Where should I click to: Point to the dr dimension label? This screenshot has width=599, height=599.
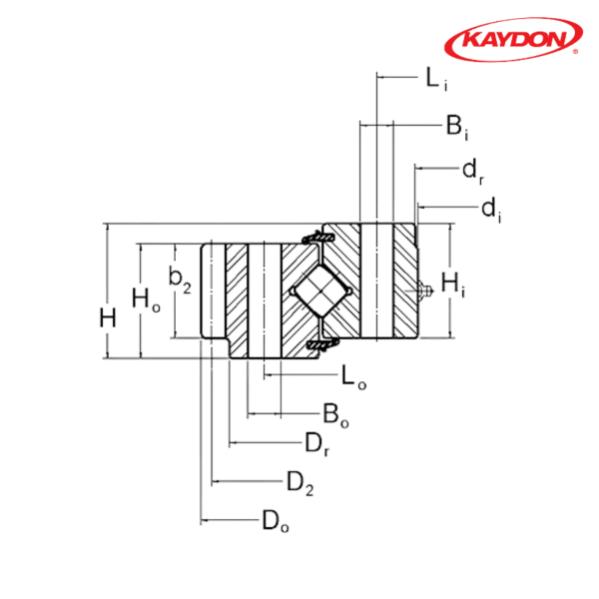pyautogui.click(x=473, y=170)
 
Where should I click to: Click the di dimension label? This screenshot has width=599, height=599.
pyautogui.click(x=489, y=209)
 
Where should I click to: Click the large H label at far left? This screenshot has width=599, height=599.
pyautogui.click(x=108, y=318)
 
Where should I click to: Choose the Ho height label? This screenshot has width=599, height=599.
pyautogui.click(x=146, y=297)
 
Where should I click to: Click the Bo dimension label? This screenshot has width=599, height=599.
pyautogui.click(x=333, y=411)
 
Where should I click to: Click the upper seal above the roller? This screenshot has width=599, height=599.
pyautogui.click(x=316, y=239)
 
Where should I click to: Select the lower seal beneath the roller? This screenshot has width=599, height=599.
pyautogui.click(x=318, y=344)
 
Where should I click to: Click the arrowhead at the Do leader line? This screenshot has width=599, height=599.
pyautogui.click(x=204, y=519)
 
